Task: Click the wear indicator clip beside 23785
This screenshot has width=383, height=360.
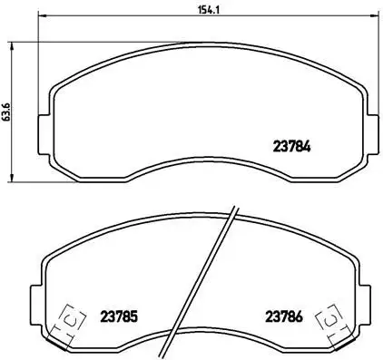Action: [66, 320]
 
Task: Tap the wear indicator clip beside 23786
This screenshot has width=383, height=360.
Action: [329, 320]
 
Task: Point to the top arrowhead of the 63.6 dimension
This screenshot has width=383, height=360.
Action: [12, 44]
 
